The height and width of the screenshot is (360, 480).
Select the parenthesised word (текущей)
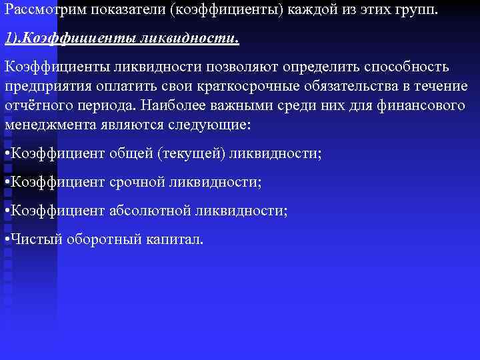[x=194, y=154]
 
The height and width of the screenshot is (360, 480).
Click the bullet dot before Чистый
[x=7, y=240]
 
